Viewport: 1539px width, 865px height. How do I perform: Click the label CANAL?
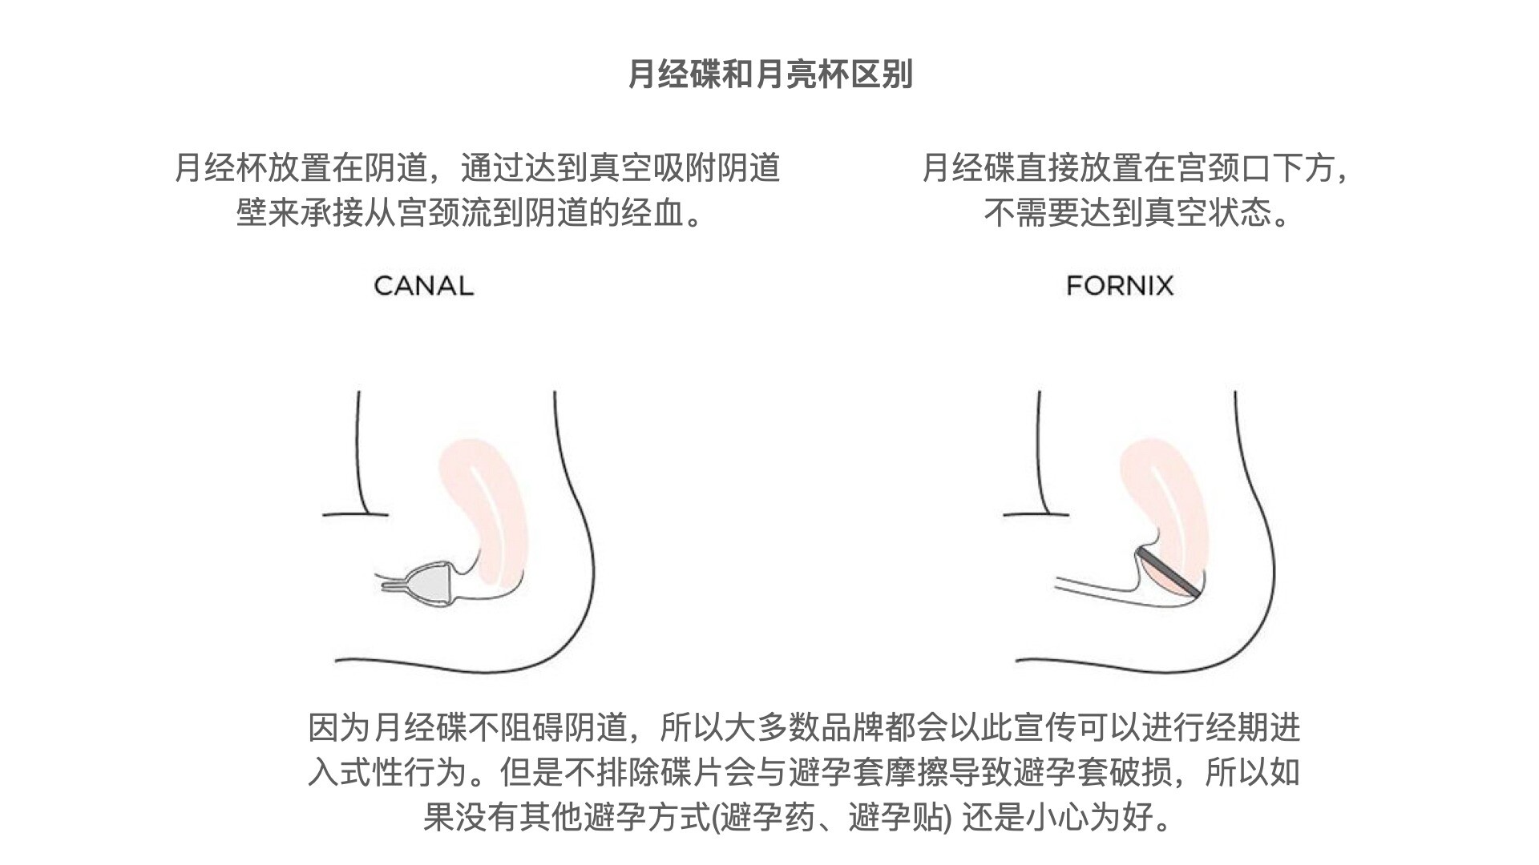423,286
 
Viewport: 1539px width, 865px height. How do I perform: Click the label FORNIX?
1120,286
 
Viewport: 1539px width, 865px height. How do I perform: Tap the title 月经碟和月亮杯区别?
769,74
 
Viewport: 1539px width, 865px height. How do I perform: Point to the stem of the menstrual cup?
395,587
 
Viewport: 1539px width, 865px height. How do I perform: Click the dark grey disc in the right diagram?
1168,573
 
